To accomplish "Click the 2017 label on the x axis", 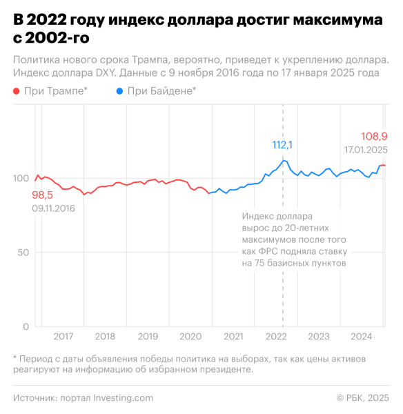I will pos(63,337).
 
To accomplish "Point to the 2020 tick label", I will pos(190,337).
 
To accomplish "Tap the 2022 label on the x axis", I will pos(276,337).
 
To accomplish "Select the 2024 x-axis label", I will pos(361,337).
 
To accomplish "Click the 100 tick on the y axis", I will pos(21,178).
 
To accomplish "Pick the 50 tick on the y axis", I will pos(23,253).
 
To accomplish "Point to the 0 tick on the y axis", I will pos(26,326).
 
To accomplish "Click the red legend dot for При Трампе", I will pos(17,91).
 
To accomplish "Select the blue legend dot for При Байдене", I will pos(121,91).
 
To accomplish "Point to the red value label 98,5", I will pos(42,195).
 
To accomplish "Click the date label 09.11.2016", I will pos(53,208).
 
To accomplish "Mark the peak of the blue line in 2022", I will pos(283,160).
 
